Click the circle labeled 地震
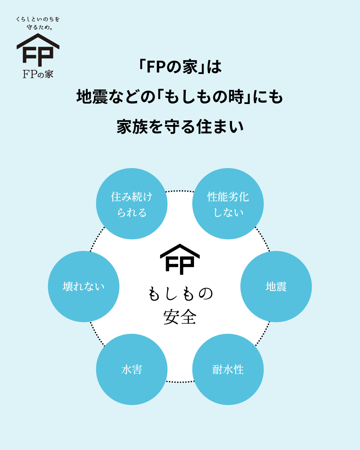[276, 287]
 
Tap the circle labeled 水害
[132, 369]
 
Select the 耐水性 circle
[228, 369]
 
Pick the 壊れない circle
[84, 287]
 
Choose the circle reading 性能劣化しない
[228, 204]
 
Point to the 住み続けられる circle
[132, 204]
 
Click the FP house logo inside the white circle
[180, 260]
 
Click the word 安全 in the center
[180, 317]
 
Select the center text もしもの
[180, 294]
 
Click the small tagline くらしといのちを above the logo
[38, 19]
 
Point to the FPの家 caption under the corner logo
[38, 74]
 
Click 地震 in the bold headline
[92, 97]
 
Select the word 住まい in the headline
[220, 127]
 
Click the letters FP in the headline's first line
[156, 67]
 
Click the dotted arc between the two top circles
[180, 191]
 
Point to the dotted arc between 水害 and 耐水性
[180, 382]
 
